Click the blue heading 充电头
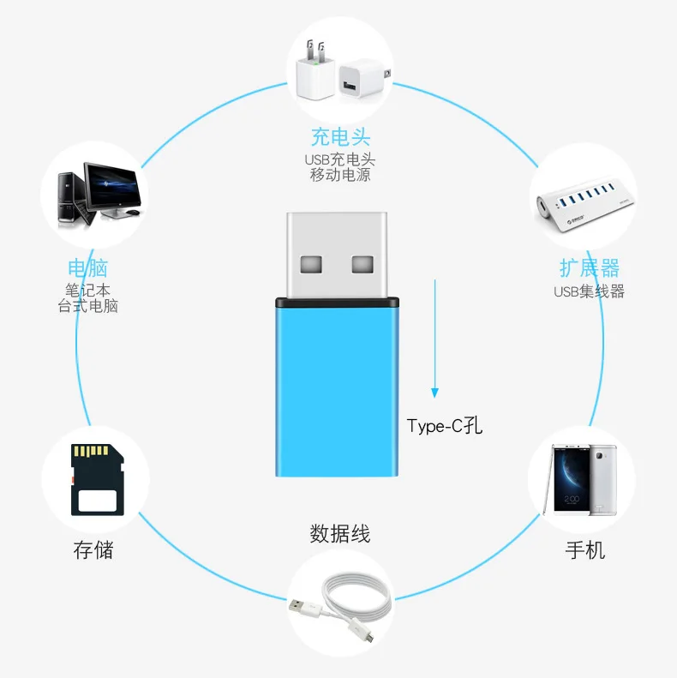click(x=340, y=137)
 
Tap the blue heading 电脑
click(x=87, y=267)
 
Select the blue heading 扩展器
click(x=589, y=268)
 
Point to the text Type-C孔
click(x=445, y=426)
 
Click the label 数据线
click(x=340, y=534)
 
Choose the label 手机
click(x=585, y=549)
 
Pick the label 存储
click(x=93, y=549)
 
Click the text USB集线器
click(x=589, y=291)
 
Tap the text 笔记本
click(x=88, y=290)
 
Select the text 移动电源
click(x=340, y=175)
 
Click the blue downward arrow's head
click(x=434, y=392)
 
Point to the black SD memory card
click(x=93, y=481)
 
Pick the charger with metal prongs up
click(x=313, y=74)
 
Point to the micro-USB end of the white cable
click(x=366, y=637)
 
